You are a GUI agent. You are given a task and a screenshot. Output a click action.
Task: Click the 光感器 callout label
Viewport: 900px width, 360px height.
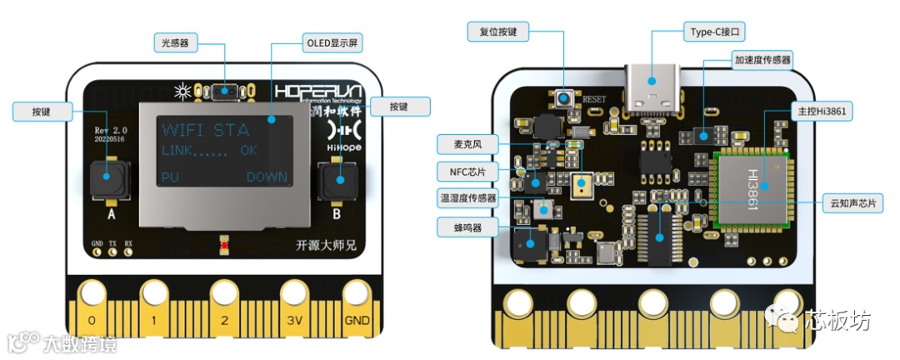(x=178, y=41)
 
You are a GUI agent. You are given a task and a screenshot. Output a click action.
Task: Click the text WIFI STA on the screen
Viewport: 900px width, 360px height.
(x=205, y=130)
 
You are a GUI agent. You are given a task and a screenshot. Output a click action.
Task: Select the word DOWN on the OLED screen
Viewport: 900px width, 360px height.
(x=267, y=177)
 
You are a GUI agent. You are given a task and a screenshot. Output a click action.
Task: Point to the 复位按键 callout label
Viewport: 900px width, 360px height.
(x=497, y=32)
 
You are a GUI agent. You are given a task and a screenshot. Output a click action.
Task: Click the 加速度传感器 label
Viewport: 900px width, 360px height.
(x=762, y=60)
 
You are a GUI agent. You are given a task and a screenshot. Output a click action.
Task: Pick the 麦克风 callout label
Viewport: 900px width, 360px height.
(x=460, y=144)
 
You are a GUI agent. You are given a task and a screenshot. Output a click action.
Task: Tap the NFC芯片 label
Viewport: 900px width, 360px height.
(x=461, y=171)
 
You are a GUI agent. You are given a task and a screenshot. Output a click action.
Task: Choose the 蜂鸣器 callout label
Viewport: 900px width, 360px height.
(x=461, y=226)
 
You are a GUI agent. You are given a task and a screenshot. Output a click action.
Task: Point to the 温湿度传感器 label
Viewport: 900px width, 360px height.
(x=467, y=198)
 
